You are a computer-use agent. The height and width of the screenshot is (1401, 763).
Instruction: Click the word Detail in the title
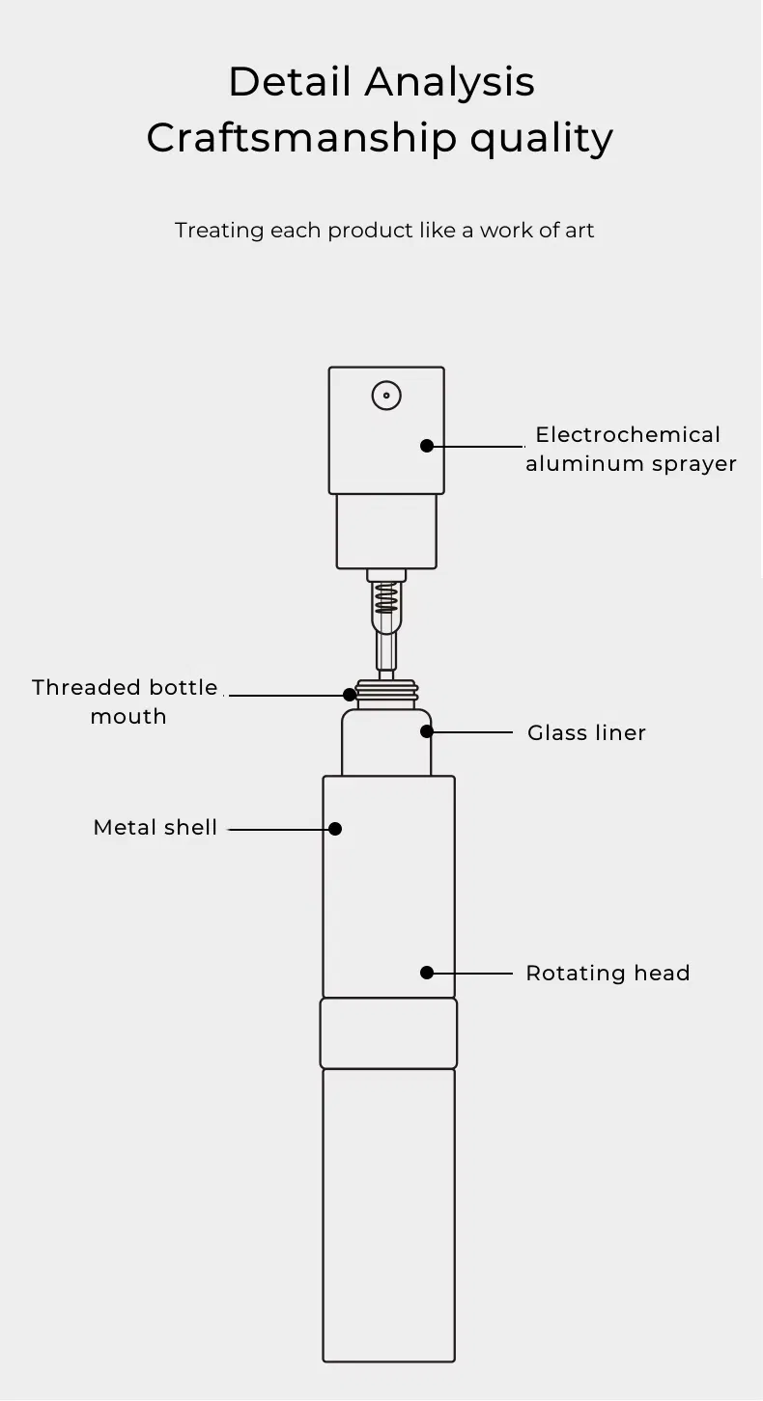tap(289, 82)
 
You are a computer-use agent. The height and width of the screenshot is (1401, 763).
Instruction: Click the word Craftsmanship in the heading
tap(300, 138)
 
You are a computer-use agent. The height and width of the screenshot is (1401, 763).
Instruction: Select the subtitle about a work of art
tap(384, 231)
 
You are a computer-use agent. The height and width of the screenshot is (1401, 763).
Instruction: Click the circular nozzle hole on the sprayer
tap(386, 395)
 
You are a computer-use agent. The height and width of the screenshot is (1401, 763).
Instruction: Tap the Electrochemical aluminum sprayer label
tap(630, 449)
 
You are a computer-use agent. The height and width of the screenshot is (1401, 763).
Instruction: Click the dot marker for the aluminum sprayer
tap(426, 446)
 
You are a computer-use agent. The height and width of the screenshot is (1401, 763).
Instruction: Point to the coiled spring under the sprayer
tap(386, 601)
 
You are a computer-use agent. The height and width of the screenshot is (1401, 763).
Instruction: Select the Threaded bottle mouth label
tap(126, 701)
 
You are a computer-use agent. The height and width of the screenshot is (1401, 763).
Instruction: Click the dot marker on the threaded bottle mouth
tap(350, 694)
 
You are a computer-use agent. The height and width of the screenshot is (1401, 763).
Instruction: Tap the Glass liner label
tap(586, 733)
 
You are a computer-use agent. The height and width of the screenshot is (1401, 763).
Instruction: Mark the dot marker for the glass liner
tap(426, 732)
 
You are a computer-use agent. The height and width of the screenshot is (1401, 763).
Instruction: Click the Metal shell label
tap(155, 828)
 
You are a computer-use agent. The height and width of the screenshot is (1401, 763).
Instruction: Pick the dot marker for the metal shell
tap(335, 829)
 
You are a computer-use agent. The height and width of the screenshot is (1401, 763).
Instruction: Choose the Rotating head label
tap(608, 974)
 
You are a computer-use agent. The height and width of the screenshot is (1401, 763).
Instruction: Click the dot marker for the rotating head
tap(426, 973)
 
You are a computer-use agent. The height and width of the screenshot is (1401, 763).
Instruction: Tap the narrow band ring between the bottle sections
tap(388, 1033)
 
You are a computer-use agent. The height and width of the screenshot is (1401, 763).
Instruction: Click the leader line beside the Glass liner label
tap(472, 732)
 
